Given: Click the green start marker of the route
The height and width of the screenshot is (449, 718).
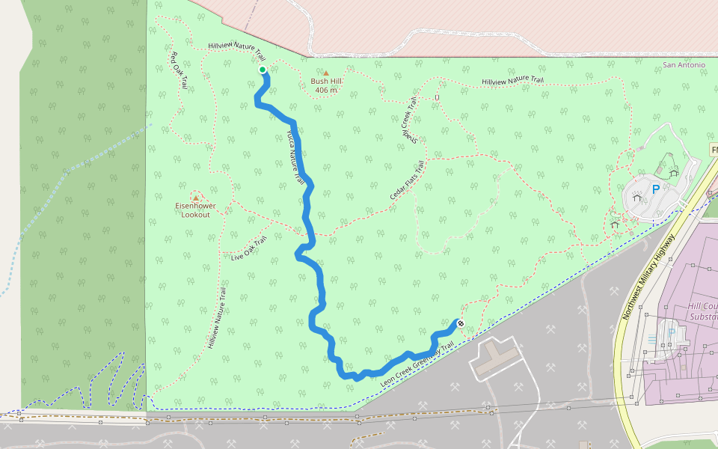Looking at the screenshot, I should coord(263,70).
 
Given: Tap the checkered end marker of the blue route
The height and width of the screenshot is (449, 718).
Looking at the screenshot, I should coord(460,323).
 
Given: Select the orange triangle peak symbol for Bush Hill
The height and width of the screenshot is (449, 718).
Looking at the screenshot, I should coord(325,73).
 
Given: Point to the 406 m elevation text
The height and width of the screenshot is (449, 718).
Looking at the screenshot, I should coord(326,91).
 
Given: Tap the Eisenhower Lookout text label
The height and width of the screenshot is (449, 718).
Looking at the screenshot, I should coord(196,210).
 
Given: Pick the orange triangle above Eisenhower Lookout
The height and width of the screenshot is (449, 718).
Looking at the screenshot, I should coord(196,198).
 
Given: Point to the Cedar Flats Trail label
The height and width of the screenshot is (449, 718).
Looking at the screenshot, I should coord(407,180).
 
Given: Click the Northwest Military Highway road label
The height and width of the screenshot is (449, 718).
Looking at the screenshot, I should coord(648,276).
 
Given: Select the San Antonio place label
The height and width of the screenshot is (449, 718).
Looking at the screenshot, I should coord(684,65).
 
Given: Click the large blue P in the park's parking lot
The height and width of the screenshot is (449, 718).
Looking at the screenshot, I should coord(656,190).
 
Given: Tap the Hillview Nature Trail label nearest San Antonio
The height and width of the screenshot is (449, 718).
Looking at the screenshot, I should coord(512,81).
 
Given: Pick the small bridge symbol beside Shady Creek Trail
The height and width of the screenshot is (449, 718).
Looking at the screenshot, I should coord(437,97).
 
